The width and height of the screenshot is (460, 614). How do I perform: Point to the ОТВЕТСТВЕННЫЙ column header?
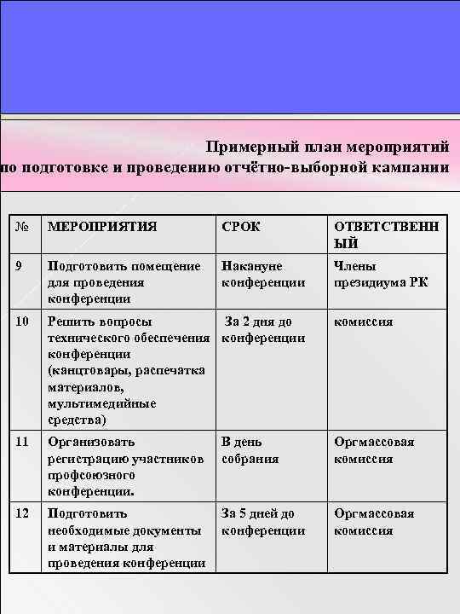pos(387,234)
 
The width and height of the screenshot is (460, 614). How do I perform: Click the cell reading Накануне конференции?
pos(263,274)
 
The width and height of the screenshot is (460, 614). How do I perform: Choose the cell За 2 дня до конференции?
pos(263,330)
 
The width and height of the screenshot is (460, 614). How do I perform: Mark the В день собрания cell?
pos(250,450)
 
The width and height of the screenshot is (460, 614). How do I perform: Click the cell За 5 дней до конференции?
pos(263,522)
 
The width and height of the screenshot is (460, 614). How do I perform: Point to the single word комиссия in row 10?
pos(364,321)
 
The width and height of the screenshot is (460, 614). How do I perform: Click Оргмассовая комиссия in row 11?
pos(375,450)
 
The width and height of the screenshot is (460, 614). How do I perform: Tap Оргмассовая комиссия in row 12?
pos(375,522)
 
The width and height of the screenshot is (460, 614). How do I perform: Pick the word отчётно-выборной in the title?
pos(276,166)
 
